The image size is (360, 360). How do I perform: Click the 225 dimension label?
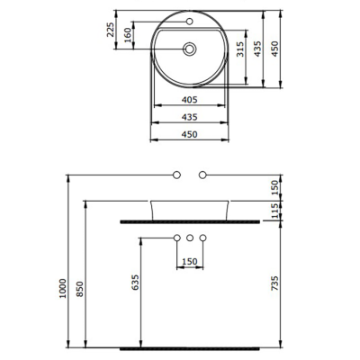pyautogui.click(x=111, y=31)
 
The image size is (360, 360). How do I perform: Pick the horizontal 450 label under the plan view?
pyautogui.click(x=190, y=134)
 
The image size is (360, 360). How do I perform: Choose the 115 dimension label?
pyautogui.click(x=275, y=209)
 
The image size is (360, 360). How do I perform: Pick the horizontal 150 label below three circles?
pyautogui.click(x=190, y=262)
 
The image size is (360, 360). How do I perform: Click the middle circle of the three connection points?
pyautogui.click(x=190, y=238)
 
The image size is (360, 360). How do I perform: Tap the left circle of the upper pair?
pyautogui.click(x=177, y=173)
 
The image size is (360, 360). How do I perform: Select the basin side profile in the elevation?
pyautogui.click(x=190, y=208)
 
